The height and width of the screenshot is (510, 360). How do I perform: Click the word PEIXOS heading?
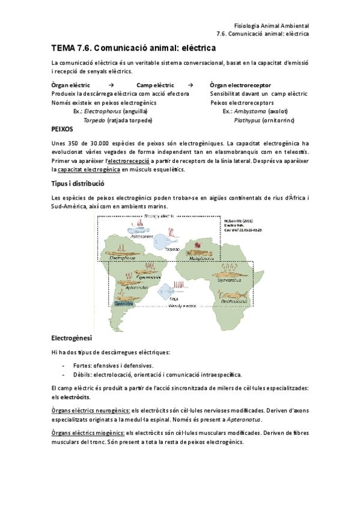[x=63, y=129]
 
